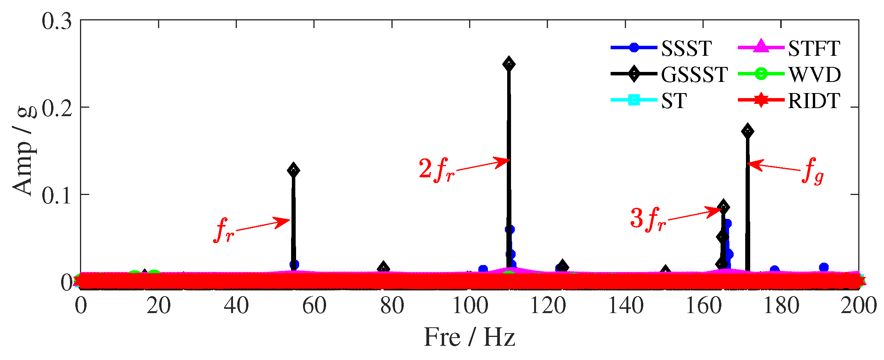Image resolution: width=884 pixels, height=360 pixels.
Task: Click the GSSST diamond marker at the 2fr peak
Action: click(509, 64)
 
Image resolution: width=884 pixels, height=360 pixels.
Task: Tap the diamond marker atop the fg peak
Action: click(747, 131)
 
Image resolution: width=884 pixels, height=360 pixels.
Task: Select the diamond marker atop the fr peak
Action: click(293, 170)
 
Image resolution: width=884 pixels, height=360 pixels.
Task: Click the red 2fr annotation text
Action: click(436, 170)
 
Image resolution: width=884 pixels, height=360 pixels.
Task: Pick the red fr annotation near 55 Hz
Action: click(224, 230)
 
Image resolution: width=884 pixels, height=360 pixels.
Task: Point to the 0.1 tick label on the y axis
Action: click(57, 195)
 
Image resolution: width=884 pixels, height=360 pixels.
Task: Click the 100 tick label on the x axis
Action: click(469, 307)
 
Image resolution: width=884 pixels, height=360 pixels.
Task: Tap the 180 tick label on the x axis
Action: click(781, 307)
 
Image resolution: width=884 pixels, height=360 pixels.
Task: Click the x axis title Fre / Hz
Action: click(469, 337)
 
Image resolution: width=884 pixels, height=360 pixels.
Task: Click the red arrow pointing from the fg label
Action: click(773, 167)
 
